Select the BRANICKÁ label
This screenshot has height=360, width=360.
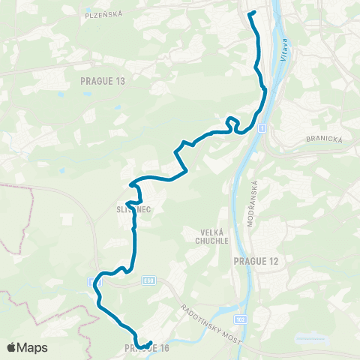tap(323, 139)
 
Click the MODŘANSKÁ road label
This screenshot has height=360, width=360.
tap(253, 204)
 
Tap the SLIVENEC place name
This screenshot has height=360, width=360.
tap(134, 210)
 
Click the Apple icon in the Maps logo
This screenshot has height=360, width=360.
tap(12, 347)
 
